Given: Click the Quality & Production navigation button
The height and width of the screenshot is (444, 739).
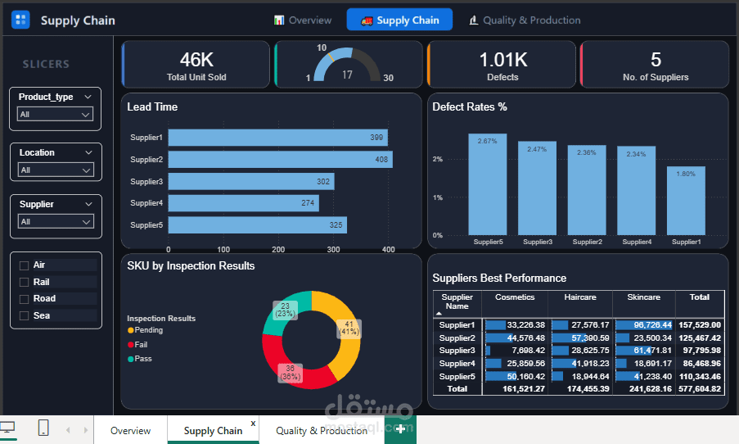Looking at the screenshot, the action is click(525, 20).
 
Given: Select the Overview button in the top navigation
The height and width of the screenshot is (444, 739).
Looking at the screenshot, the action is click(303, 20).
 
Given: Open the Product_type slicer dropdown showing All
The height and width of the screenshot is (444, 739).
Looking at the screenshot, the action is click(55, 114).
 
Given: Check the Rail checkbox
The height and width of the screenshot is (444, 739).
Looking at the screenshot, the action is click(24, 282).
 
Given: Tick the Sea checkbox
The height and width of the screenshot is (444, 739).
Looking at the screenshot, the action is click(24, 315).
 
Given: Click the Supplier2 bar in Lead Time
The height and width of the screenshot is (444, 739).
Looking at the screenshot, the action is click(281, 160).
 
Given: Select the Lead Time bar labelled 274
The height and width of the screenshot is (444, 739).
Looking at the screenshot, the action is click(244, 203).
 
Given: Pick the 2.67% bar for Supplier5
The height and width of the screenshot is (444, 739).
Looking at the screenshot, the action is click(487, 184).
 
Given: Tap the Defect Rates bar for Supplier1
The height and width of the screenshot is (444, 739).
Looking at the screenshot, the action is click(686, 201).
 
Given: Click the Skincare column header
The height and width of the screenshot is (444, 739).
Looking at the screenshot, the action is click(644, 297).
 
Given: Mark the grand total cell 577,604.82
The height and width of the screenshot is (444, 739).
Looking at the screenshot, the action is click(700, 389).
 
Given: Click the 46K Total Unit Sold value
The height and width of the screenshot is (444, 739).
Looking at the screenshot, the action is click(196, 60).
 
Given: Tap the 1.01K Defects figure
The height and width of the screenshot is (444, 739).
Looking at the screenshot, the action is click(503, 60).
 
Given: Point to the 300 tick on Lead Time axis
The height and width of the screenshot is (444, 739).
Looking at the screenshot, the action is click(333, 249).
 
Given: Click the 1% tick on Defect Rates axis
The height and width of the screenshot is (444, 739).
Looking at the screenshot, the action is click(438, 197).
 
